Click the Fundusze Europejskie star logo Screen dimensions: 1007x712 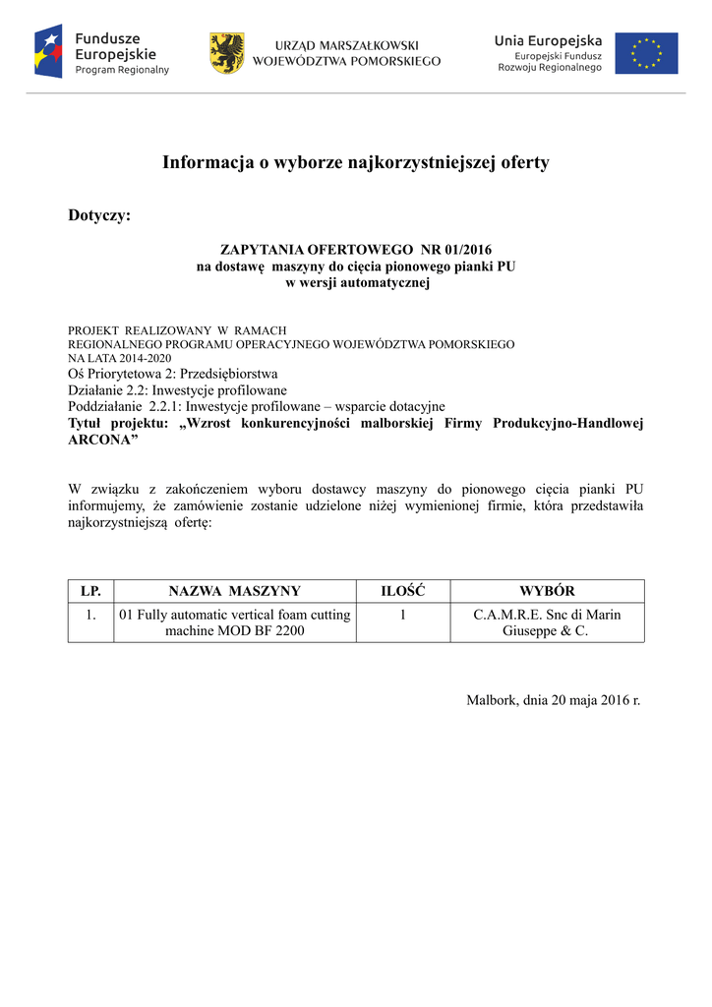48,52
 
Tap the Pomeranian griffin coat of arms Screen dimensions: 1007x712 226,53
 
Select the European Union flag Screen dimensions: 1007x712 646,53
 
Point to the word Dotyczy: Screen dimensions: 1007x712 98,215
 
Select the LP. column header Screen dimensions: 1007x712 90,591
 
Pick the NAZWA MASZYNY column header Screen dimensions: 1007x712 234,591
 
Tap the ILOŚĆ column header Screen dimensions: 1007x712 402,591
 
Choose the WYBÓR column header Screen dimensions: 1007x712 547,591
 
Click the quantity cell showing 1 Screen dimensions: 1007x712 403,615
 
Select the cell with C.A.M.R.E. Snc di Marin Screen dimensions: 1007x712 547,615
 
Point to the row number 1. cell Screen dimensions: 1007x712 90,615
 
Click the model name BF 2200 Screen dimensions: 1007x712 278,631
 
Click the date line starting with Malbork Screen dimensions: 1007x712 553,700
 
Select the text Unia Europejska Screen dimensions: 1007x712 548,40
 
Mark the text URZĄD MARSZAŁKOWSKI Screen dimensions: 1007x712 346,45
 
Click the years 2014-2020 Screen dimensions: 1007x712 130,358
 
